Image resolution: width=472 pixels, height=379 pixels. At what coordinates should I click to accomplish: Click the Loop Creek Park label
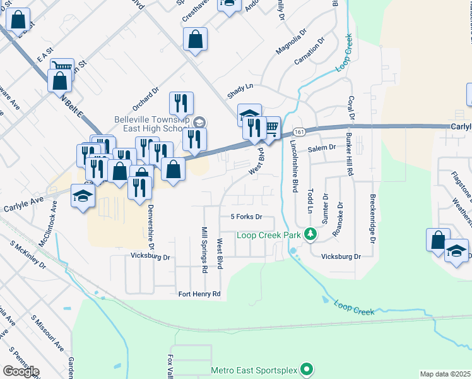[x=269, y=235]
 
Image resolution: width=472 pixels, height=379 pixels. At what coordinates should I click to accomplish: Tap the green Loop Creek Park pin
[x=310, y=234]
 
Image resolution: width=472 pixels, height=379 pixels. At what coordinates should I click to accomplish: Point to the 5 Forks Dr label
[x=246, y=217]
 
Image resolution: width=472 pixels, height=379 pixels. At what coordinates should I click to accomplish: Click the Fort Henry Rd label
[x=199, y=294]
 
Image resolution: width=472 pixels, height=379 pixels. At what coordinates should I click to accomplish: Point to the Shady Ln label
[x=240, y=90]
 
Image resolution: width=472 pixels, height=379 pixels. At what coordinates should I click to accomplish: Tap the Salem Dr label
[x=322, y=148]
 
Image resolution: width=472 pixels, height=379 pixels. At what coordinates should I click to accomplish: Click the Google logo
[x=21, y=371]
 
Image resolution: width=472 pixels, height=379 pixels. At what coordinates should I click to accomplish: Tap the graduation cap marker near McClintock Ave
[x=83, y=196]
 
